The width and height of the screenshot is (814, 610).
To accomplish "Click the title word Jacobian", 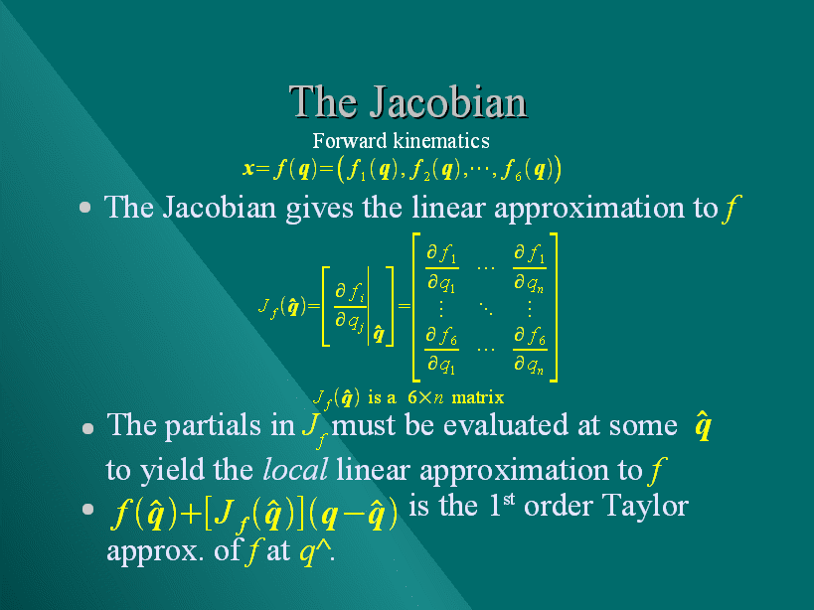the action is (448, 103).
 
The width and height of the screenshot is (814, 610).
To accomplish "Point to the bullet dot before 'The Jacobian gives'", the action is (85, 208).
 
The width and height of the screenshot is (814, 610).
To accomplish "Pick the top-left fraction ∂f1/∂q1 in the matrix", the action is (441, 268).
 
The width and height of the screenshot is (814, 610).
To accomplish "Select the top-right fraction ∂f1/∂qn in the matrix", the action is (529, 268).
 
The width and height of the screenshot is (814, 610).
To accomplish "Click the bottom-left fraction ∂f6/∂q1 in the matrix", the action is (441, 350).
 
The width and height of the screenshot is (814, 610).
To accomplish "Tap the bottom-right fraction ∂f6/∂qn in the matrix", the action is (529, 350).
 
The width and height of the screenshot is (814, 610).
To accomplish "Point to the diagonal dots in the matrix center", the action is (486, 309).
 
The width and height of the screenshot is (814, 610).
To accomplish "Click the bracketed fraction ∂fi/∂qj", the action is (350, 307).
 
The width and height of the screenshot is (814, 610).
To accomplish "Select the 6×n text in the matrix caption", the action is (425, 397).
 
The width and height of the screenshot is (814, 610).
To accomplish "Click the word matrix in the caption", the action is (478, 397).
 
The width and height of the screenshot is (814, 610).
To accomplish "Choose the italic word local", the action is (295, 470).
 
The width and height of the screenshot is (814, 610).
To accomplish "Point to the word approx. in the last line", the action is (155, 551).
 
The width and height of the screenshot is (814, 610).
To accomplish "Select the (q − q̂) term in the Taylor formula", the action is (354, 515).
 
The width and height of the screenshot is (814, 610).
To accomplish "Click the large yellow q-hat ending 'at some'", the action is (703, 426).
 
